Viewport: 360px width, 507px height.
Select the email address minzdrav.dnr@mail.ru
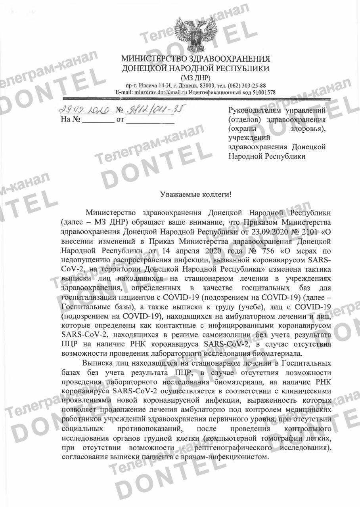(x=161, y=92)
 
